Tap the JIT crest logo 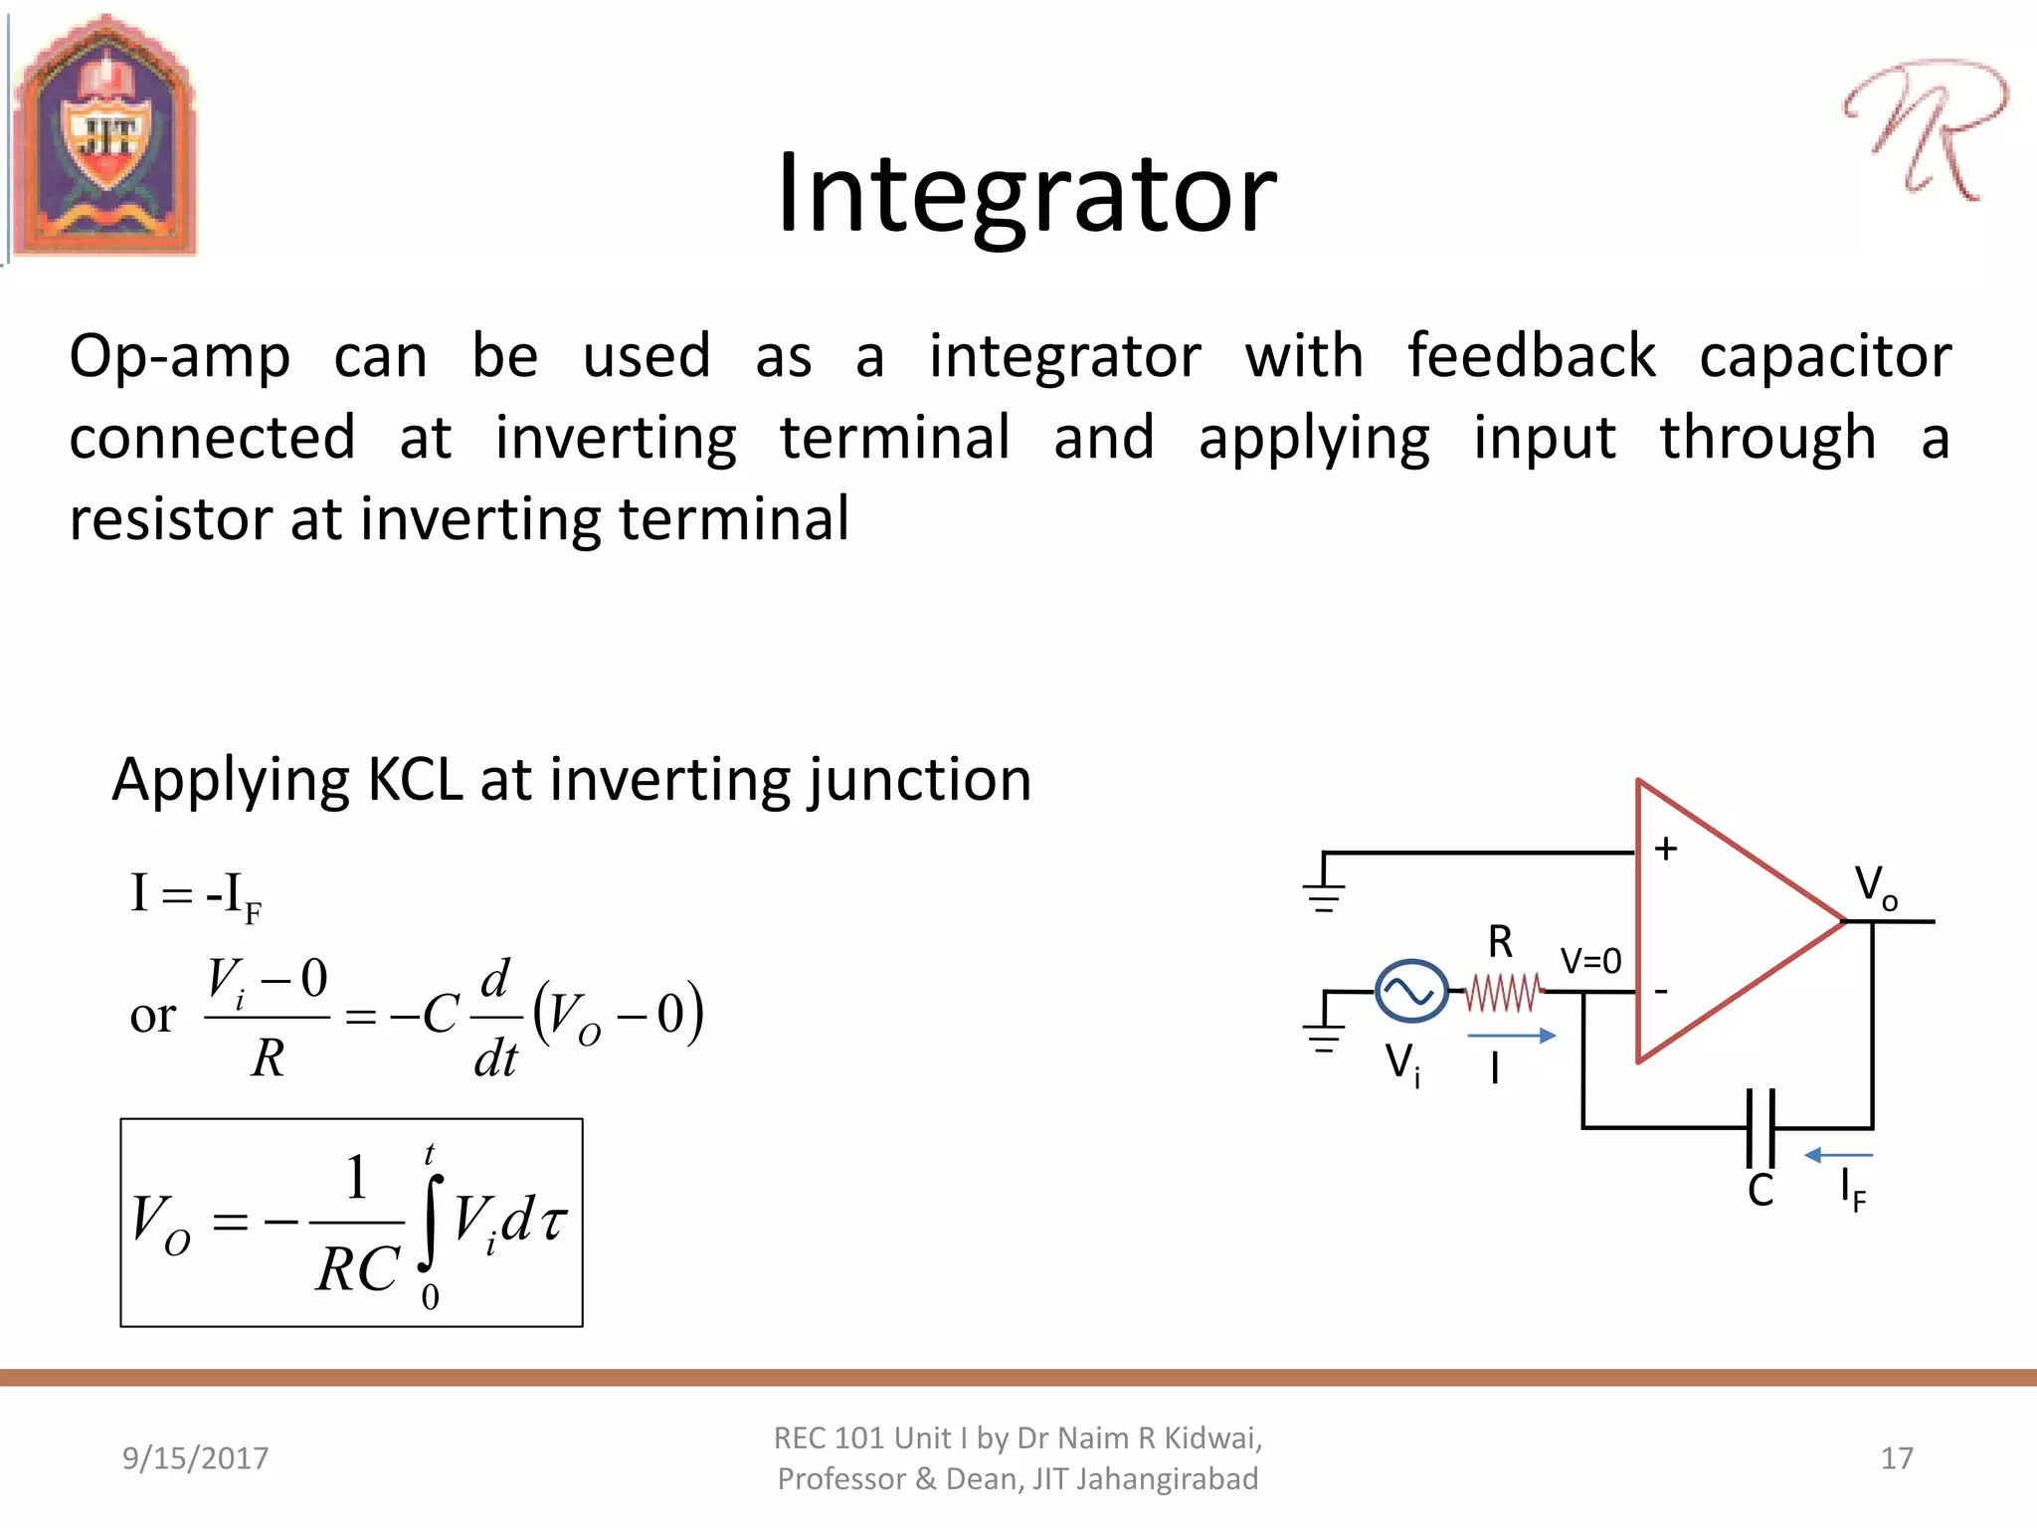point(105,137)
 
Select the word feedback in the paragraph point(1532,355)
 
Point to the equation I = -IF point(195,895)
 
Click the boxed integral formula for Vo point(351,1223)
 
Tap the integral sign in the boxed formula point(430,1224)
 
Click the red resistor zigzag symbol point(1504,992)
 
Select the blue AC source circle point(1410,991)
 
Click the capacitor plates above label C point(1760,1128)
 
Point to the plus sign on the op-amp point(1665,849)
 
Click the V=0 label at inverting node point(1590,961)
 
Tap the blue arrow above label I point(1511,1036)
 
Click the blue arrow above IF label point(1838,1155)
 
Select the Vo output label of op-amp point(1875,885)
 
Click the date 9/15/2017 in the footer point(195,1458)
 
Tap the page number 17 point(1897,1458)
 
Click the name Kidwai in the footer point(1211,1438)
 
